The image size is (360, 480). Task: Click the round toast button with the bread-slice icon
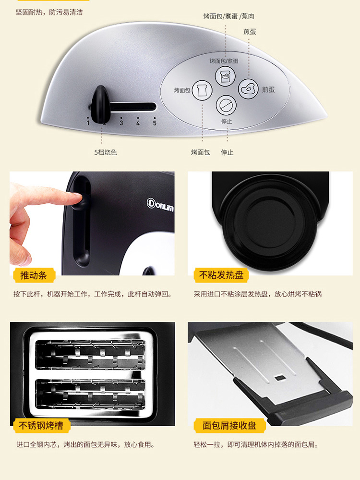[x=202, y=90]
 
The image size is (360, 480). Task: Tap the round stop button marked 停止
[x=227, y=105]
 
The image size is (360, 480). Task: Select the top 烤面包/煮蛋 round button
[x=225, y=75]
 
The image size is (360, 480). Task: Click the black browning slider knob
[x=100, y=104]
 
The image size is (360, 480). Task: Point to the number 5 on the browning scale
[x=155, y=123]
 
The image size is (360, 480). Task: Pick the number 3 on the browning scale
[x=121, y=123]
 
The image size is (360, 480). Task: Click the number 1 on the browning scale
[x=88, y=123]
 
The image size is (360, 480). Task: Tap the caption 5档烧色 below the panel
[x=106, y=152]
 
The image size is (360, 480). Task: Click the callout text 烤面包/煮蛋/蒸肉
[x=229, y=16]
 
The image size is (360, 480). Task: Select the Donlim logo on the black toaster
[x=160, y=204]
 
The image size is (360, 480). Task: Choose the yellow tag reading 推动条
[x=34, y=275]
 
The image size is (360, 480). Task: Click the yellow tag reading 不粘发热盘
[x=221, y=275]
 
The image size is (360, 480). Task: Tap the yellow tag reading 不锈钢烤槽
[x=41, y=426]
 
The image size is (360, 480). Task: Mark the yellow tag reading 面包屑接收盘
[x=230, y=426]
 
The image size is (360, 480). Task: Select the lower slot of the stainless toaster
[x=91, y=394]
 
